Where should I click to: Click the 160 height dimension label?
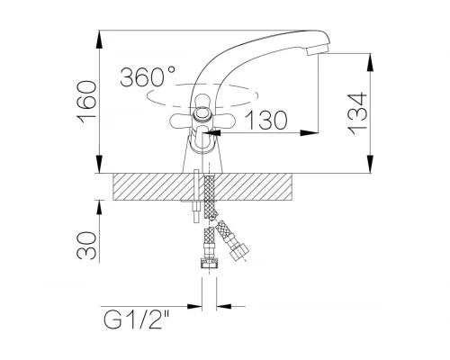87,103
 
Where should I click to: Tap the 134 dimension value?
357,113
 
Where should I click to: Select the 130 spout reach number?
266,120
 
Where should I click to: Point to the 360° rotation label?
148,76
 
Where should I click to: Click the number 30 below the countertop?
87,245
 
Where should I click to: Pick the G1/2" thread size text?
137,319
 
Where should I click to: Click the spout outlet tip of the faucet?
318,49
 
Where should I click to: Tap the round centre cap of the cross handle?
202,114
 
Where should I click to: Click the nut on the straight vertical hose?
209,264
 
